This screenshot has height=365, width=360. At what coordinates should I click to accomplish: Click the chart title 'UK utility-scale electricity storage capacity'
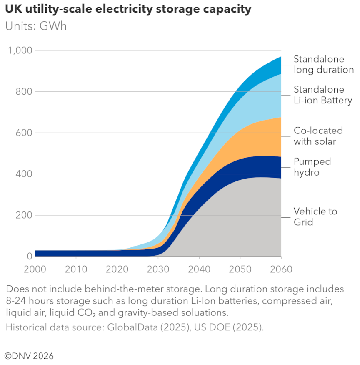128,9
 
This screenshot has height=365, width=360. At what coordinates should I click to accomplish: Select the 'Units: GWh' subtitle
36,26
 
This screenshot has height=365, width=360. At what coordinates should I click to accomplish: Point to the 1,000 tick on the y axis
20,50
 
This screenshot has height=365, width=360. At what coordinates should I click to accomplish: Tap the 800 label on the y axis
23,92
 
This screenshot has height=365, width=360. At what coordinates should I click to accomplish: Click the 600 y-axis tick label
23,133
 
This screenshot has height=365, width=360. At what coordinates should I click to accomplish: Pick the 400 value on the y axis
23,174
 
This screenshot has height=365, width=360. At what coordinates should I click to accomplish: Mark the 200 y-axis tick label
23,215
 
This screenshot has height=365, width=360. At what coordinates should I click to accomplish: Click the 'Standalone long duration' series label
323,64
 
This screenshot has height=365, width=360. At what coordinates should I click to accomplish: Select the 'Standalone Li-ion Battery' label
322,95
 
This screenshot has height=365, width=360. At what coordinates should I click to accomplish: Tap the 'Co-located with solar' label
318,136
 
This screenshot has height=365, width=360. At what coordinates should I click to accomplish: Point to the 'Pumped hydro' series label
312,167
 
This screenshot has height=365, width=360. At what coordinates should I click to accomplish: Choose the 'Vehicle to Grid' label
315,216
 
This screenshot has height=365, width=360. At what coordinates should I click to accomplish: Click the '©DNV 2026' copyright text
29,356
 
